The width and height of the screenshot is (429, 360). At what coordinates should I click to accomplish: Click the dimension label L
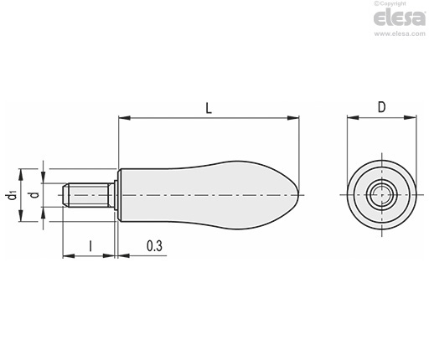pyautogui.click(x=209, y=108)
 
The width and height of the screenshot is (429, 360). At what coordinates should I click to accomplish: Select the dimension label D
pyautogui.click(x=381, y=107)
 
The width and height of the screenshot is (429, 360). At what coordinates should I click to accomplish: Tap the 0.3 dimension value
pyautogui.click(x=154, y=246)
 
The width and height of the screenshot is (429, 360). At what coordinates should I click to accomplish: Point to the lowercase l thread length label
pyautogui.click(x=90, y=246)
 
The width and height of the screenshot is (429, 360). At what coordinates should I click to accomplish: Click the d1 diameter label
pyautogui.click(x=12, y=195)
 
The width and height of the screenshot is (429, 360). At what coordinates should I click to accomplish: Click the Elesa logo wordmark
pyautogui.click(x=400, y=18)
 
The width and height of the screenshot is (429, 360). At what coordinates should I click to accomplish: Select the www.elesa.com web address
pyautogui.click(x=400, y=33)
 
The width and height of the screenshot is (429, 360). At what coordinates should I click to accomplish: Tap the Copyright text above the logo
pyautogui.click(x=390, y=3)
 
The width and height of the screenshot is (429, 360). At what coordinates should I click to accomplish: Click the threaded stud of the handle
pyautogui.click(x=86, y=195)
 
